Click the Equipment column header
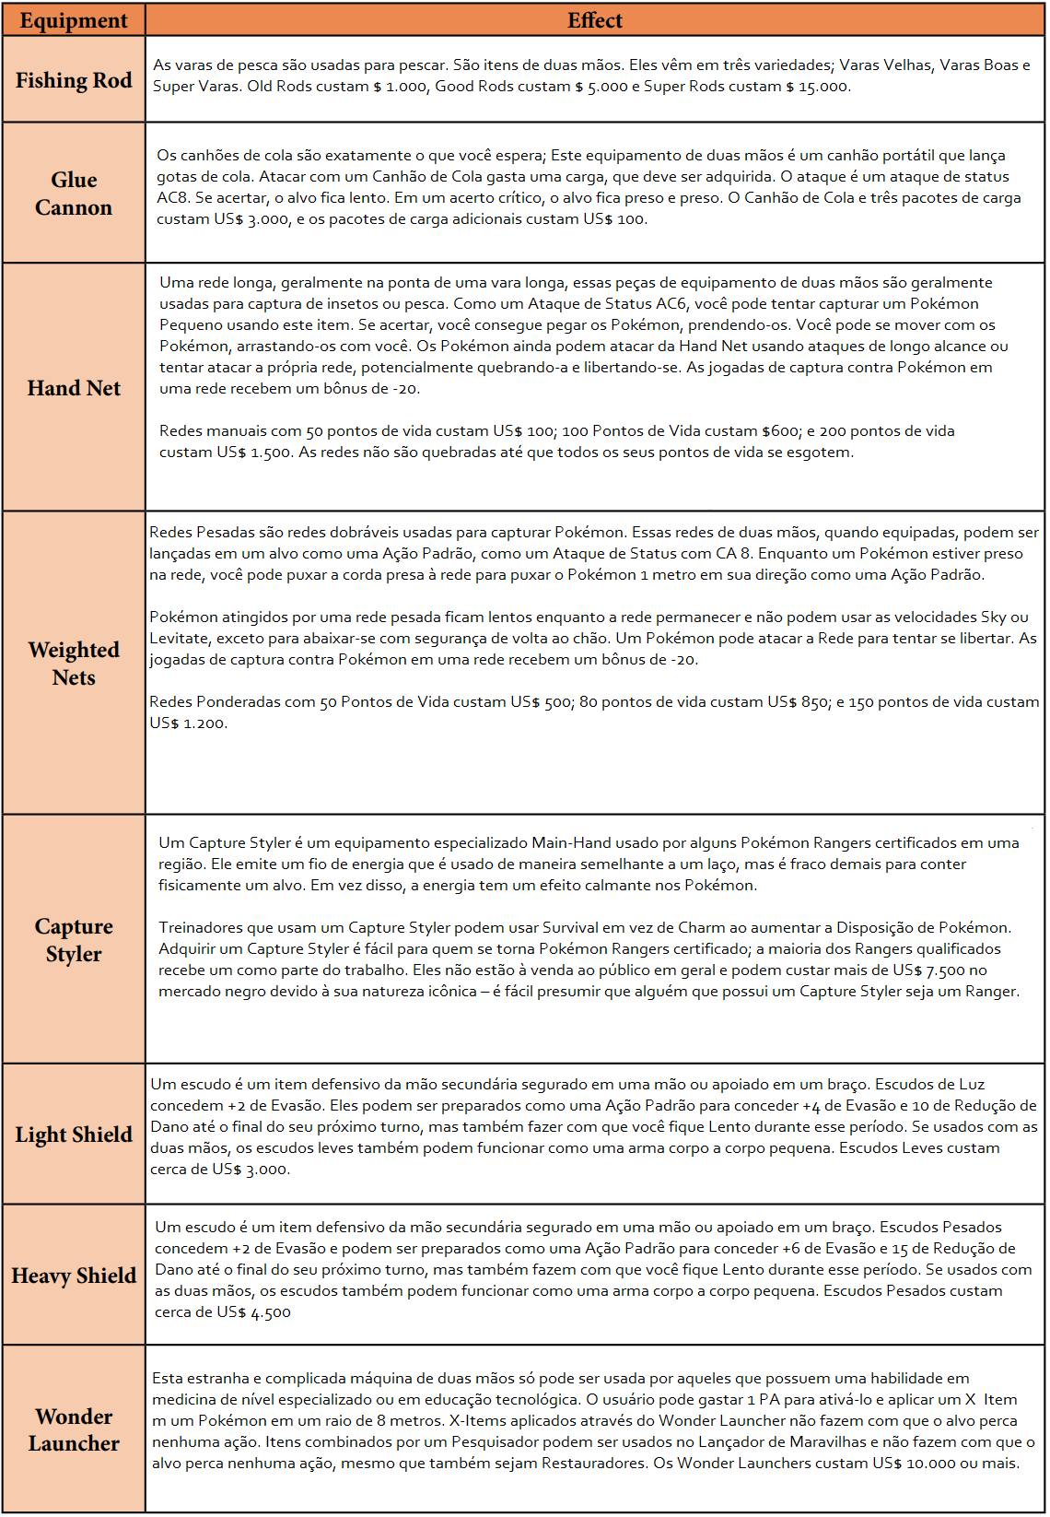(74, 20)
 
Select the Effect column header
(594, 20)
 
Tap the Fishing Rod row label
(74, 80)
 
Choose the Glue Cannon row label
(74, 194)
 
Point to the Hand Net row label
(74, 388)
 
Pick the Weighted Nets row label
(74, 664)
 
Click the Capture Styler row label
(74, 940)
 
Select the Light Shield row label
(74, 1135)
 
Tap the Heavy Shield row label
(74, 1276)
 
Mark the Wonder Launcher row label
(74, 1429)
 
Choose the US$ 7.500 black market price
(928, 970)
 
